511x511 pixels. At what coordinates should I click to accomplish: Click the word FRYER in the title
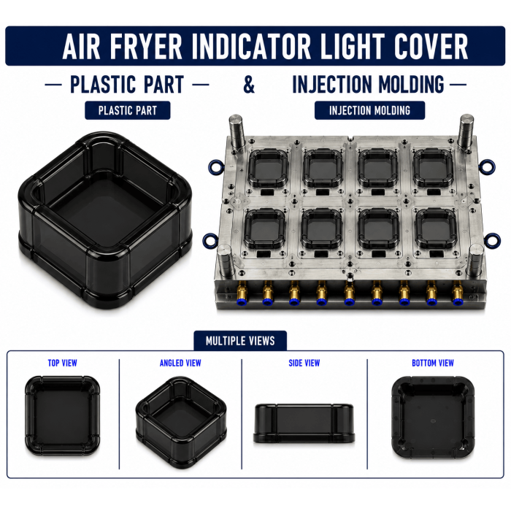pyautogui.click(x=146, y=46)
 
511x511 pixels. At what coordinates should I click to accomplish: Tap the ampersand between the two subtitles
pyautogui.click(x=249, y=84)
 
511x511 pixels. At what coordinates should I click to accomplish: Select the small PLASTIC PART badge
pyautogui.click(x=128, y=110)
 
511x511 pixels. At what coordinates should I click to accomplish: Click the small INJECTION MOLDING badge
pyautogui.click(x=369, y=110)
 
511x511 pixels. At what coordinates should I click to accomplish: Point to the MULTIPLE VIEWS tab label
pyautogui.click(x=240, y=341)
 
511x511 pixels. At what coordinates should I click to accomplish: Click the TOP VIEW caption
pyautogui.click(x=62, y=363)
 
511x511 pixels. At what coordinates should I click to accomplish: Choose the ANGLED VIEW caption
pyautogui.click(x=180, y=363)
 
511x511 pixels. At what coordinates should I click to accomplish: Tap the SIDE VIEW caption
pyautogui.click(x=304, y=363)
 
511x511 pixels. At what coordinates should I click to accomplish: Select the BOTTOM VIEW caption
pyautogui.click(x=433, y=363)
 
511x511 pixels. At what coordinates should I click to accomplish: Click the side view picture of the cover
pyautogui.click(x=304, y=423)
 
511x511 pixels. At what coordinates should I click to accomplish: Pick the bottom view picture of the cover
pyautogui.click(x=433, y=417)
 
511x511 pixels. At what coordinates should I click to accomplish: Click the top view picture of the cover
pyautogui.click(x=62, y=416)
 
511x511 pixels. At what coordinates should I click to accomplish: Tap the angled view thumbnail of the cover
pyautogui.click(x=181, y=423)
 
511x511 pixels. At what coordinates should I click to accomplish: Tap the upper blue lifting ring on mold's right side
pyautogui.click(x=488, y=166)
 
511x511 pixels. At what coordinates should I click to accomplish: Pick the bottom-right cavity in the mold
pyautogui.click(x=436, y=228)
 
